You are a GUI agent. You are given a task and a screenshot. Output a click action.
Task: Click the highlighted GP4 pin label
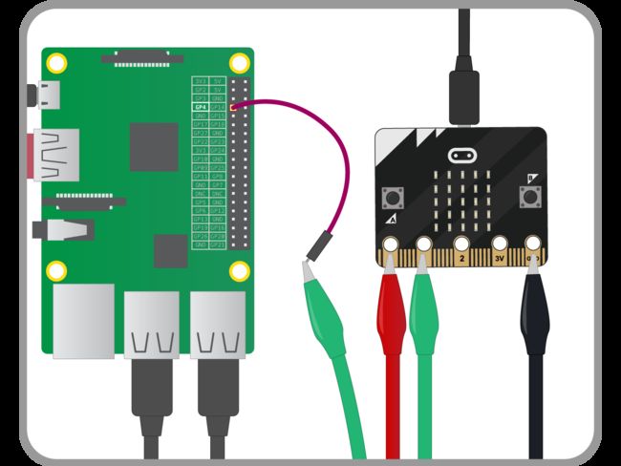click(x=200, y=107)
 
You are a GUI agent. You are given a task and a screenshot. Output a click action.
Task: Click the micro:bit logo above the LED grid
click(x=462, y=154)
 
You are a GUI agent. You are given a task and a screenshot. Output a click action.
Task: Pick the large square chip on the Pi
click(x=154, y=146)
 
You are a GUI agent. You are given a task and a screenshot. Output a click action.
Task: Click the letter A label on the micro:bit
click(x=393, y=220)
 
